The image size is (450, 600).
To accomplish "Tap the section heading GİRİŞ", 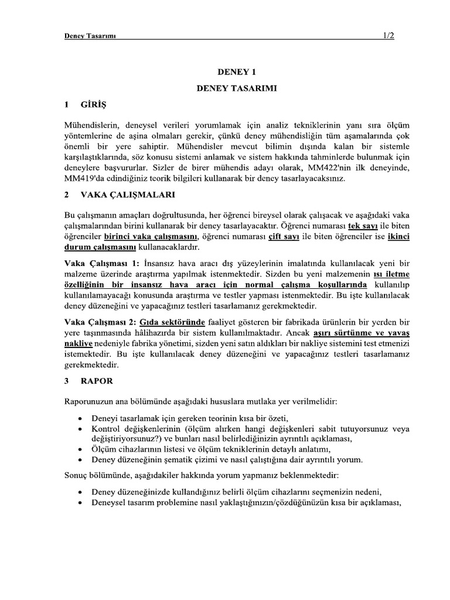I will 94,104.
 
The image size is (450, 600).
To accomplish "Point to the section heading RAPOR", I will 98,381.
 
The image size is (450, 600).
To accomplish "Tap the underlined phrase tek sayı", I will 348,226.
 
